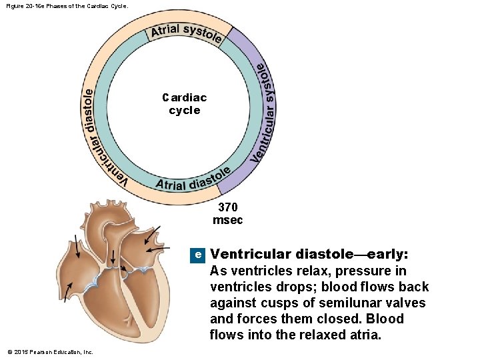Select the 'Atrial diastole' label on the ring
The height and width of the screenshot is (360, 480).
click(193, 179)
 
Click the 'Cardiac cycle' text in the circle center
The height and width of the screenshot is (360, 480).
click(185, 104)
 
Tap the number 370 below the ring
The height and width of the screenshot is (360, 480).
click(227, 208)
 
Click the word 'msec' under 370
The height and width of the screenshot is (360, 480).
click(227, 220)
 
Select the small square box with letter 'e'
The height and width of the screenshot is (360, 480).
click(197, 255)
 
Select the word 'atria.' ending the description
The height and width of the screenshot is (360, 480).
click(362, 335)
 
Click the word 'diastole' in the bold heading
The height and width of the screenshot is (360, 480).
click(324, 254)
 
